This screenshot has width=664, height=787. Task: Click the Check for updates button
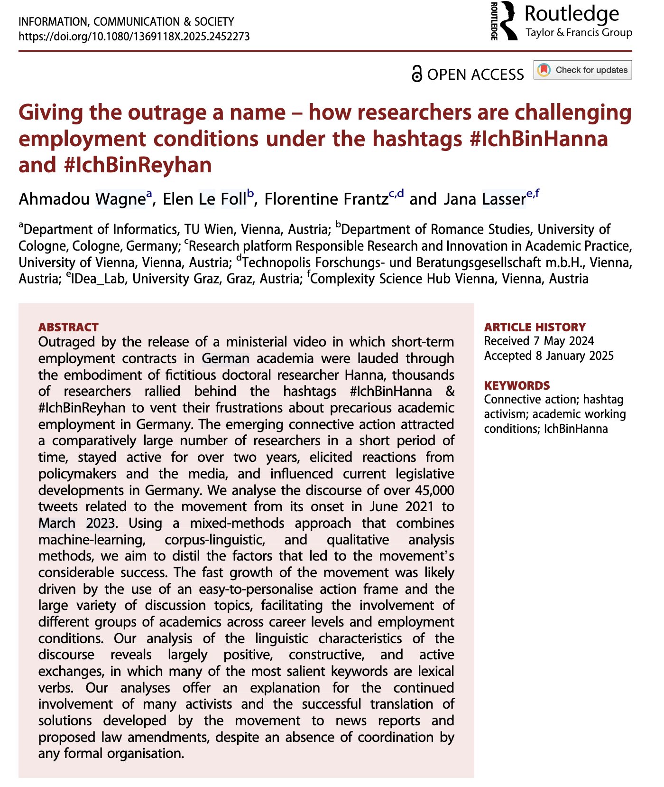pyautogui.click(x=582, y=70)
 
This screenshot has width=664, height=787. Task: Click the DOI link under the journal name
pyautogui.click(x=134, y=37)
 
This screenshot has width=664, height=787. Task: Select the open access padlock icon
pyautogui.click(x=416, y=75)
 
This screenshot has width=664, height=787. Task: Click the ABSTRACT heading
pyautogui.click(x=68, y=327)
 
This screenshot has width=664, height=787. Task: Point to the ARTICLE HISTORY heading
pyautogui.click(x=535, y=327)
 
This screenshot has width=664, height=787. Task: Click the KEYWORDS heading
pyautogui.click(x=516, y=385)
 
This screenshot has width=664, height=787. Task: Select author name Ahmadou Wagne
pyautogui.click(x=82, y=199)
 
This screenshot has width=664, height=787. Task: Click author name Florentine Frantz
pyautogui.click(x=326, y=199)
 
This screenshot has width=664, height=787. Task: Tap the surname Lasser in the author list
pyautogui.click(x=503, y=199)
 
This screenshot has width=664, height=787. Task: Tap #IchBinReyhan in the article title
pyautogui.click(x=138, y=165)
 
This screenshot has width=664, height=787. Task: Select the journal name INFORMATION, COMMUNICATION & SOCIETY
pyautogui.click(x=126, y=22)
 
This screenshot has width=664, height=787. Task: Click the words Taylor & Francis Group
pyautogui.click(x=579, y=33)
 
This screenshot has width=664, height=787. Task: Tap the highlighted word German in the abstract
pyautogui.click(x=225, y=358)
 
